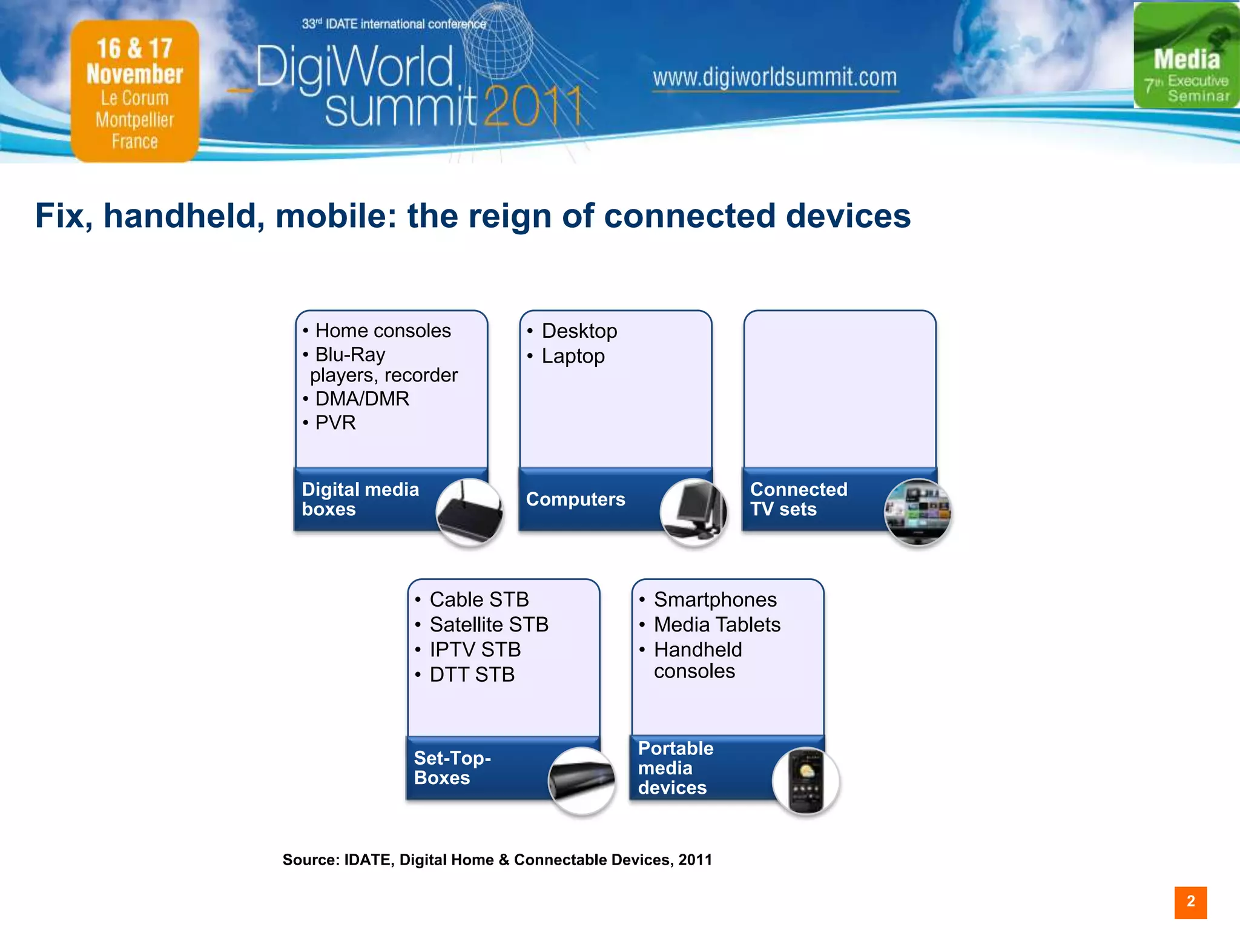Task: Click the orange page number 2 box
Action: [1190, 902]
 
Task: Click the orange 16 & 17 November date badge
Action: [135, 91]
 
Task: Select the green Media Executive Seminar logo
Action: [1186, 56]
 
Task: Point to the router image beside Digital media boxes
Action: [470, 512]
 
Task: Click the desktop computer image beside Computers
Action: [694, 512]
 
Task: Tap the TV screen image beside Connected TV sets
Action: [918, 512]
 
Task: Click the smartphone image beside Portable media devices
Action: [806, 781]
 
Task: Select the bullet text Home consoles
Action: [383, 331]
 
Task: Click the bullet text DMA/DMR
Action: [362, 398]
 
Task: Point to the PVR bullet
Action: [335, 423]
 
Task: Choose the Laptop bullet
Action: [573, 356]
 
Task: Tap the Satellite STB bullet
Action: [489, 624]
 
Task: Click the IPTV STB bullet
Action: [475, 649]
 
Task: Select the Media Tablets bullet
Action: [717, 624]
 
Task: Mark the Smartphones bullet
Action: [715, 599]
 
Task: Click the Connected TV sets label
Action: [798, 499]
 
